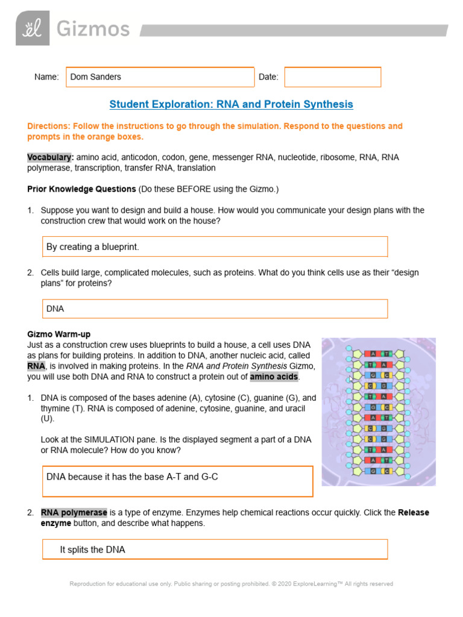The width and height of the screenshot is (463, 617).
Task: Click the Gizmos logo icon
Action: point(33,28)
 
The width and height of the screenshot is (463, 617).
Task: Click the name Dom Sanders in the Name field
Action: point(96,77)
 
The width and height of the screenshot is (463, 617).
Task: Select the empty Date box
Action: point(332,77)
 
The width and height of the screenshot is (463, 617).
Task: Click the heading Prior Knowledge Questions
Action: point(81,189)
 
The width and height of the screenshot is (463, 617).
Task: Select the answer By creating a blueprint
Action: point(93,247)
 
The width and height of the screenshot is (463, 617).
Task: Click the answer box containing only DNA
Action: point(215,308)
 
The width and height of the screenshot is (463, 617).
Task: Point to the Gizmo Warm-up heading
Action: point(59,334)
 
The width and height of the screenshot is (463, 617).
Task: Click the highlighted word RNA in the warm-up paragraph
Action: point(36,366)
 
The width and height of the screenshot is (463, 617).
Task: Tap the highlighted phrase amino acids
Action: point(274,377)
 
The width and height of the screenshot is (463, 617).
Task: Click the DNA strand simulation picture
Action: point(378,412)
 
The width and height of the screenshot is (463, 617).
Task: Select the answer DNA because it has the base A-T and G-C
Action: point(132,477)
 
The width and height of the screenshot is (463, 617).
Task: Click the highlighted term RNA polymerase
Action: point(74,513)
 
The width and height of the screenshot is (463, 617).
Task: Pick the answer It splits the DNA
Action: point(93,550)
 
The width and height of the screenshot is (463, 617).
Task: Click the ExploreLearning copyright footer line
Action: point(231,584)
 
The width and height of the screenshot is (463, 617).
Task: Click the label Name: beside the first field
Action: point(46,77)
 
